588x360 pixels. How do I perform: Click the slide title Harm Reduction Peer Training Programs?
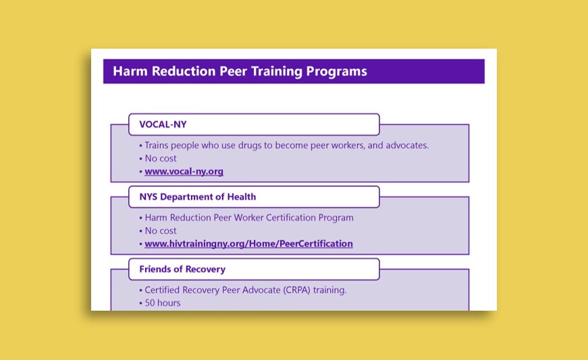(240, 71)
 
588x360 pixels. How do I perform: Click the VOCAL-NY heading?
(163, 124)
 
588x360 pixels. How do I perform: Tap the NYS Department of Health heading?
(198, 197)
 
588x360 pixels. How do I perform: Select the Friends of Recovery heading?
(182, 269)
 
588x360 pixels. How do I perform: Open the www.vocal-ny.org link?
(184, 172)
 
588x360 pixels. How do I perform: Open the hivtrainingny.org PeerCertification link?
(248, 244)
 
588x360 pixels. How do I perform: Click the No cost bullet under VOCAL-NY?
(161, 158)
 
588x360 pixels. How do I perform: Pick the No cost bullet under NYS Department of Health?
(161, 230)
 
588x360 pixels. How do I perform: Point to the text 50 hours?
(163, 303)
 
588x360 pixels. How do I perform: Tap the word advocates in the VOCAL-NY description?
(407, 145)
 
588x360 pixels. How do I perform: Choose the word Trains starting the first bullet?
(157, 145)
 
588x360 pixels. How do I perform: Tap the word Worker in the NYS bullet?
(248, 217)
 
